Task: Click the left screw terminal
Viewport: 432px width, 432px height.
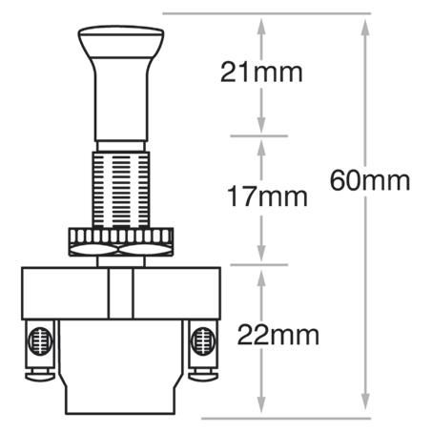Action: coord(38,342)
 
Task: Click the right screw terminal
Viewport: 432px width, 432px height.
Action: coord(201,342)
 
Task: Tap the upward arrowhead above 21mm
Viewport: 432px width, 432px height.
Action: coord(260,23)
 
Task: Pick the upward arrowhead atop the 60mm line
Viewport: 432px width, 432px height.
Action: coord(365,23)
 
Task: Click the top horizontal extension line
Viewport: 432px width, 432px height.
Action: coord(267,14)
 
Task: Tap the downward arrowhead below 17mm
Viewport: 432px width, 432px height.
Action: coord(260,256)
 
